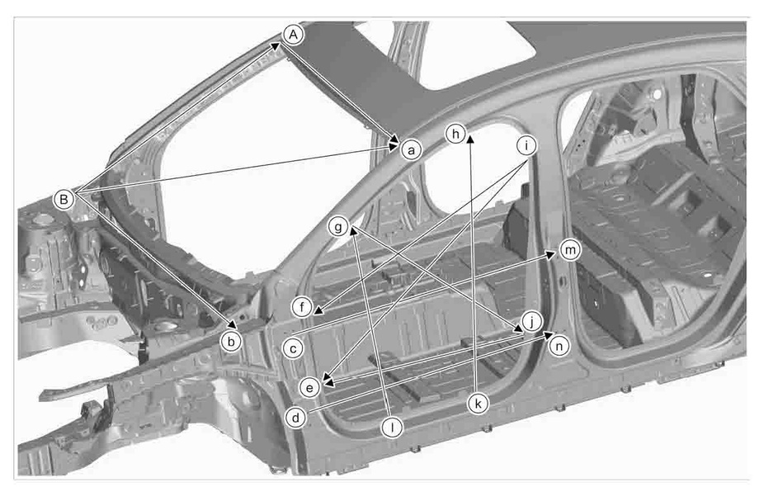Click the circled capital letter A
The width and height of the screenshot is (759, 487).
coord(293,35)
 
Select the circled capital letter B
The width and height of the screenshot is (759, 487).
coord(64,199)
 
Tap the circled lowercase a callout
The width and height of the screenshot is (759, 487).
coord(411,150)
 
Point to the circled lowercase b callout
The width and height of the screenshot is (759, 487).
coord(231,342)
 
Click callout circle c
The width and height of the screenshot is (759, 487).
coord(293,348)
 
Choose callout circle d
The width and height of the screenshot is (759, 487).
coord(295,418)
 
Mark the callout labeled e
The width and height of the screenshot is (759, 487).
coord(309,387)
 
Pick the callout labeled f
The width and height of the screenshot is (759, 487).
coord(302,307)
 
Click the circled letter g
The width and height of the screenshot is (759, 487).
coord(338,226)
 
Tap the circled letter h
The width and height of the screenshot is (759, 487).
coord(455,134)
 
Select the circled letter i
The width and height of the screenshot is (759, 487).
coord(526,145)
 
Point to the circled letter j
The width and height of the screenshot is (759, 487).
coord(532,321)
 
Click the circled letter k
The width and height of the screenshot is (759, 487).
coord(478,404)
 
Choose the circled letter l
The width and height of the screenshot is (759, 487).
coord(392,428)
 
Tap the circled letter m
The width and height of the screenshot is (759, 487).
coord(570,250)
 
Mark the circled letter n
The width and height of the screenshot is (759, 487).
coord(559,346)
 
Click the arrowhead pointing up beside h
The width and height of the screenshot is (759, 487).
coord(470,139)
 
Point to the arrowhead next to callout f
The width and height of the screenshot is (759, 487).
coord(318,310)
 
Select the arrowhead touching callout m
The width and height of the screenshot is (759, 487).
coord(550,254)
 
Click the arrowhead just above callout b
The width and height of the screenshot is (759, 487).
coord(233,324)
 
